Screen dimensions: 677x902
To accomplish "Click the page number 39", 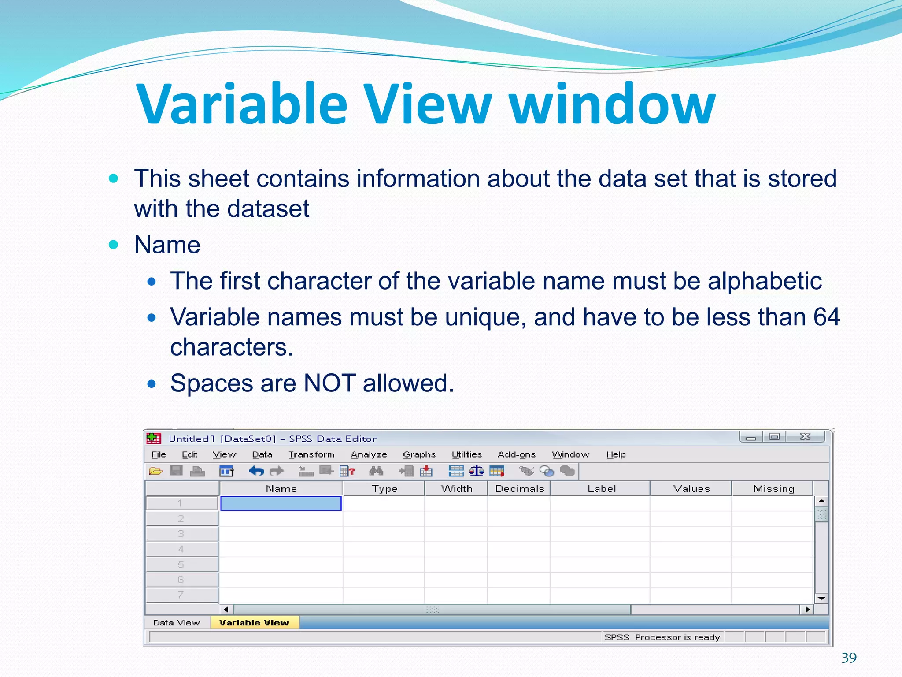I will click(849, 658).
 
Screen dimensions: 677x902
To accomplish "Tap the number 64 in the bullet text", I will click(826, 317).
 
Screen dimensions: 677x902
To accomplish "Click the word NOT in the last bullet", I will click(329, 383).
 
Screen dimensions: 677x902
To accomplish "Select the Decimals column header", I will click(519, 488).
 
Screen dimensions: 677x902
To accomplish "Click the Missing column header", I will click(773, 488).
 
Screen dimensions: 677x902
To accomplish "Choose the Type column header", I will click(384, 488).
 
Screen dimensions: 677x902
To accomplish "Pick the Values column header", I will click(691, 488).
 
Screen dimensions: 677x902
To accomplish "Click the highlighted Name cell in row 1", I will click(281, 503).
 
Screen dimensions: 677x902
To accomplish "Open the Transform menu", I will click(311, 454).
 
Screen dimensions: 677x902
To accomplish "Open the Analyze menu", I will click(369, 454).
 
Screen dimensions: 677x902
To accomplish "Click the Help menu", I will click(615, 454).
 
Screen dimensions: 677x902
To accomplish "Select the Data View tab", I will click(177, 622).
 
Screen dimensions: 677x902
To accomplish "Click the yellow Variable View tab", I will click(254, 622).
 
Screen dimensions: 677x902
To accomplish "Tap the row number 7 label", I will click(181, 595).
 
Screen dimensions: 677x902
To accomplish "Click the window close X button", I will click(805, 436).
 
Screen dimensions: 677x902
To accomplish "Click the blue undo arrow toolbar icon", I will click(256, 471).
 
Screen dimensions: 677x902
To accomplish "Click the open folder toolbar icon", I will click(155, 471).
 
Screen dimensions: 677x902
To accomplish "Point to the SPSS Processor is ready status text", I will click(662, 637).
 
